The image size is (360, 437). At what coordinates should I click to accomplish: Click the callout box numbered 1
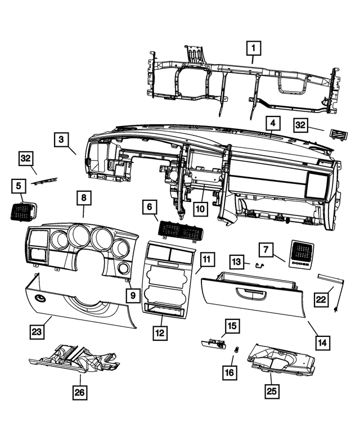point(253,48)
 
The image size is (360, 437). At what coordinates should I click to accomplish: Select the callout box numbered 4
point(272,123)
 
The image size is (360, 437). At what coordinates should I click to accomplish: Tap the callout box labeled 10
point(201,208)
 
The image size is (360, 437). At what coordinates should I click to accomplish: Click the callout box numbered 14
point(322,341)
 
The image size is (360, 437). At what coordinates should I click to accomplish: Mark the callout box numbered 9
point(133,295)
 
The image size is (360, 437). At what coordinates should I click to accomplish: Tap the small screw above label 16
point(237,350)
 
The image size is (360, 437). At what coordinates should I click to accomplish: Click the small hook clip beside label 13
point(260,264)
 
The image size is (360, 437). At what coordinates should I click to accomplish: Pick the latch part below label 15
point(214,341)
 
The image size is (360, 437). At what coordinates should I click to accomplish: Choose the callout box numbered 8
point(83,198)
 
